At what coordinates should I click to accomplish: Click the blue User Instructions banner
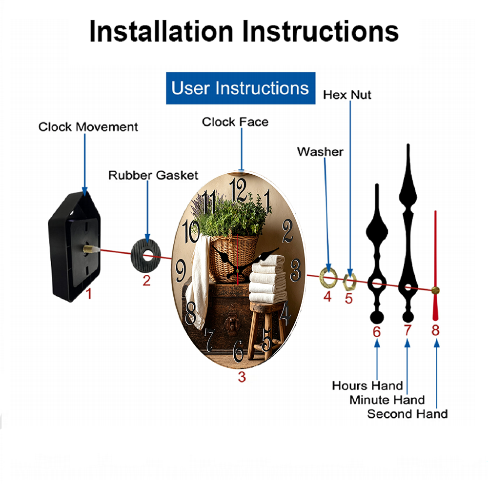241,88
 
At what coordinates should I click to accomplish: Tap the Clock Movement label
88,127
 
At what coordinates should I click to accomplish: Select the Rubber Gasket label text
153,175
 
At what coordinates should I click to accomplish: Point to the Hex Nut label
347,95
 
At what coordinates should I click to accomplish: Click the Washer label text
320,152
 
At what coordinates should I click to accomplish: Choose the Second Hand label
407,414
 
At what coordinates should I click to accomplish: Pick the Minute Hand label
387,400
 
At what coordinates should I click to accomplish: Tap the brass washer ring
323,277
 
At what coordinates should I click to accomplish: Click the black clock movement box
74,246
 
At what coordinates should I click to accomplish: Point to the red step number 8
435,330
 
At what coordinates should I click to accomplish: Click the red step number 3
242,377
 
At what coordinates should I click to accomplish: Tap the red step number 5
348,299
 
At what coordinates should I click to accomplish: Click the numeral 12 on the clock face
238,190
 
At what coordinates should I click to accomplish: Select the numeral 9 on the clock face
181,271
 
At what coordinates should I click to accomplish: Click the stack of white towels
267,279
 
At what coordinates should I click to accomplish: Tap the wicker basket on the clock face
233,258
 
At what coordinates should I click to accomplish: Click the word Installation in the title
161,31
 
